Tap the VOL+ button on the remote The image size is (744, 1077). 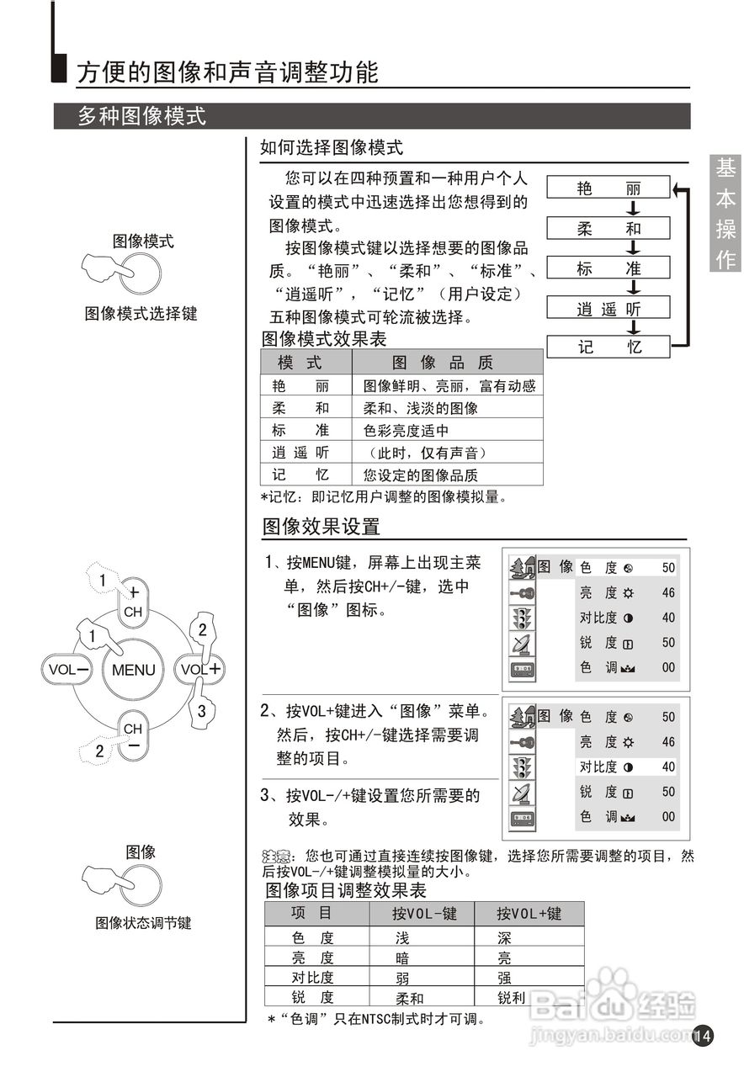tap(200, 669)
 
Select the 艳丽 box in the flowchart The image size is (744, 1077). tap(608, 188)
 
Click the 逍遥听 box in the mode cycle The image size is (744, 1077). tap(608, 308)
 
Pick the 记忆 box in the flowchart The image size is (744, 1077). tap(608, 347)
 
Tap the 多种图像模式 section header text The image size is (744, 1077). tap(141, 116)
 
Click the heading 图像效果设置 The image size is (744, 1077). tap(322, 527)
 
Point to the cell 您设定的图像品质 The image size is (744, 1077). tap(420, 475)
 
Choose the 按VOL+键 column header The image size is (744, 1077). tap(529, 914)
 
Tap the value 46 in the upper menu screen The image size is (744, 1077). tap(668, 592)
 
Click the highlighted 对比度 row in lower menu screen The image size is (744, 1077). tap(626, 767)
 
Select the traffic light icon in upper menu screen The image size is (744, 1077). tap(522, 618)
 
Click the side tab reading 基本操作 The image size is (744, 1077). tap(725, 214)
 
